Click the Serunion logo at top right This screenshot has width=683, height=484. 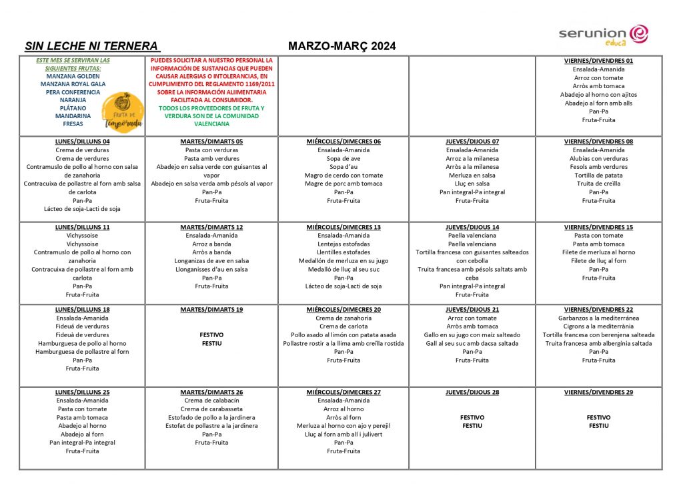coord(603,35)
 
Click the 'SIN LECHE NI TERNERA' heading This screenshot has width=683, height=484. coord(92,47)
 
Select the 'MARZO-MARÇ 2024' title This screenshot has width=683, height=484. coord(341,47)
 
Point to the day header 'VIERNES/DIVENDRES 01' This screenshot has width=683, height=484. coord(598,61)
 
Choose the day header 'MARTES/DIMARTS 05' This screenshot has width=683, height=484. coord(211,142)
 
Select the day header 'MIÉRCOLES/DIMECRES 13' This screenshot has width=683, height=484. coord(344,227)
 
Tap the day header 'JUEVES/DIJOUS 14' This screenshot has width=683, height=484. coord(472,227)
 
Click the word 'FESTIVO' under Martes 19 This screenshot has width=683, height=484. coord(211,335)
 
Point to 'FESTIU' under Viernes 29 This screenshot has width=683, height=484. coord(598,426)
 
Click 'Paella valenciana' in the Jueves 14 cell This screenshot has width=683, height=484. coord(472,236)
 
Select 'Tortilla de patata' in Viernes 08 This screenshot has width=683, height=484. coord(598,176)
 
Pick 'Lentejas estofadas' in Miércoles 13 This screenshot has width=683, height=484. coord(344,244)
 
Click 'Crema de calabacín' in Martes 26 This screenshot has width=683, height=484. coord(211,401)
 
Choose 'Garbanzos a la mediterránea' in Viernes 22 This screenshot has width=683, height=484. coord(598,318)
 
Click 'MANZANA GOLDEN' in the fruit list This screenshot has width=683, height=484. coord(73,76)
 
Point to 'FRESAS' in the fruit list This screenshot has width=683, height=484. coord(73,124)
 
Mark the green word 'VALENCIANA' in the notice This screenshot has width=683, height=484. coord(211,124)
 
